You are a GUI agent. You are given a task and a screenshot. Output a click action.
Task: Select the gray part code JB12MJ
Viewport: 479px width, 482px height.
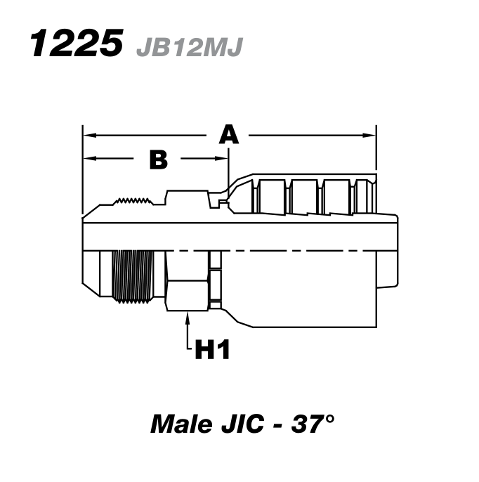click(x=189, y=46)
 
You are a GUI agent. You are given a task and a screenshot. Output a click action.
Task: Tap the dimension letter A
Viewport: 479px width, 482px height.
click(x=228, y=133)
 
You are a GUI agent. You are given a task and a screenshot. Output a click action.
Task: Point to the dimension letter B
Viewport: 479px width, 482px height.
click(x=159, y=159)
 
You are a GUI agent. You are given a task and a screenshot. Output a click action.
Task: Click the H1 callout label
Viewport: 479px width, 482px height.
click(x=211, y=349)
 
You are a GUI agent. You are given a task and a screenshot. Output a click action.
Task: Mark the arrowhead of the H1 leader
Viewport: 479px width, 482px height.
click(x=188, y=316)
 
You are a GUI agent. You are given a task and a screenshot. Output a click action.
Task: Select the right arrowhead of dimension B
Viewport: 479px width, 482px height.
click(x=224, y=159)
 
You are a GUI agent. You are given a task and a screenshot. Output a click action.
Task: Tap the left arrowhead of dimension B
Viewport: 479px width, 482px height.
click(x=87, y=159)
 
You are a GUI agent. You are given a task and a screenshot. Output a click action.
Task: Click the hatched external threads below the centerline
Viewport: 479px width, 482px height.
click(x=133, y=275)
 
